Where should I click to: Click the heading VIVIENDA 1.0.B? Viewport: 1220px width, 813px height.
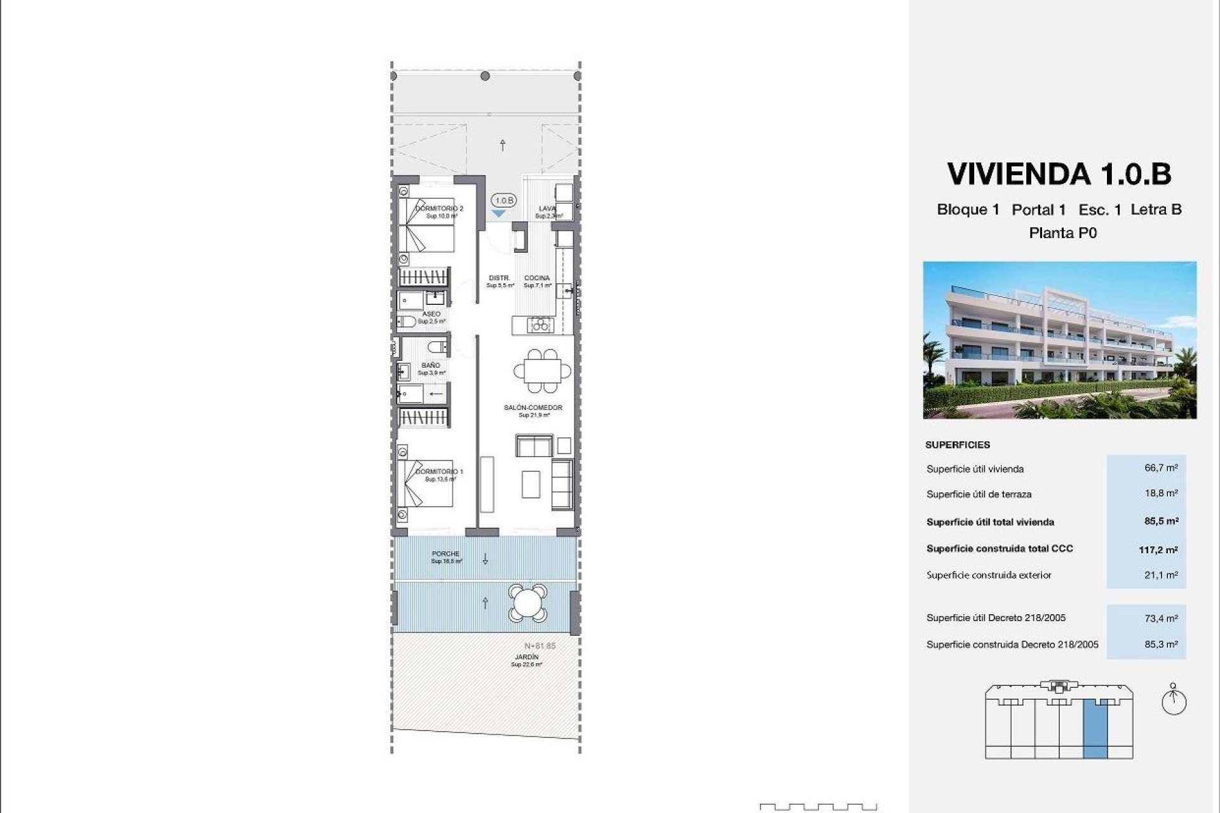1059,174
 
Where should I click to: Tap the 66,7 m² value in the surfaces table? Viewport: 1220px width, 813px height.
1161,467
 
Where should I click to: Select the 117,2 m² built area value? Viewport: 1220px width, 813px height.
1158,549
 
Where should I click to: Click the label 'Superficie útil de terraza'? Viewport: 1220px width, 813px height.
979,494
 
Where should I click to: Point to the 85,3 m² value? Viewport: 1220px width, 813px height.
1161,643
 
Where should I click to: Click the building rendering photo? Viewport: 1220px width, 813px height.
1059,340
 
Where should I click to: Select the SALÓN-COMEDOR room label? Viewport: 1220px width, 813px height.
533,408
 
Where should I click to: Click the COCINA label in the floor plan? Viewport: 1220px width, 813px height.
537,278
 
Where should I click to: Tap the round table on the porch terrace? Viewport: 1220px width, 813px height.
527,603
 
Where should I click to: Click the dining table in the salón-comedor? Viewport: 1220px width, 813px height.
542,370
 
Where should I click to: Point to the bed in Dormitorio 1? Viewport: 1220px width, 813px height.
426,484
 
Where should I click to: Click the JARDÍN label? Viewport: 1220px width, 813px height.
527,657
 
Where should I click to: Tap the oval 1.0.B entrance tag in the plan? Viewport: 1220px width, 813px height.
504,201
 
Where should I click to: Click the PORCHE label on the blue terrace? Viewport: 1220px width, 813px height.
445,554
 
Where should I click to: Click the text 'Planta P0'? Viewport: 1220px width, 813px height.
1062,233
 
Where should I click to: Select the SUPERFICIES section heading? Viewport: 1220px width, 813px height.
957,445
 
